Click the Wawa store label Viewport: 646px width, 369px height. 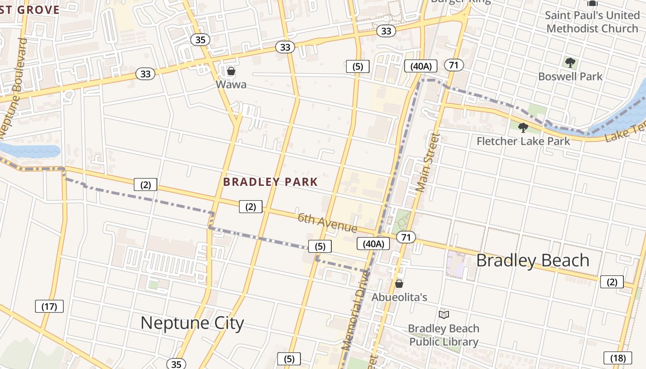click(x=231, y=85)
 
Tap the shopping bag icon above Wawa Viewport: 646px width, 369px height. click(x=231, y=71)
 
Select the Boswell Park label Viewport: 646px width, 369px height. click(x=570, y=76)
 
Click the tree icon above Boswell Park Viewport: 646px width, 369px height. click(x=570, y=62)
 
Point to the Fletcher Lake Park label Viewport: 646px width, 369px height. click(x=523, y=141)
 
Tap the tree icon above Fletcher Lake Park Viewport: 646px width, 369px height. click(x=523, y=127)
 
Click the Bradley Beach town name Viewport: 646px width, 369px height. click(x=532, y=261)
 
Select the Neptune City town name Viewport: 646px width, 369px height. click(x=192, y=323)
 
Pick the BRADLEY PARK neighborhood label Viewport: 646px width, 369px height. click(x=270, y=182)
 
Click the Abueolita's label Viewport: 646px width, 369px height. click(x=399, y=298)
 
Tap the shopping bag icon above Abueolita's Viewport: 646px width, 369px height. click(x=399, y=284)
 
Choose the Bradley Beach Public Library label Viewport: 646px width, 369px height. click(x=443, y=335)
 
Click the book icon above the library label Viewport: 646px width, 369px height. click(x=444, y=315)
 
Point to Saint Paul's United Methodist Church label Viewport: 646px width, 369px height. click(x=592, y=22)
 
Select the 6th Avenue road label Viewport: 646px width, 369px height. click(x=327, y=223)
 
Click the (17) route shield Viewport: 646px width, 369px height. click(x=49, y=306)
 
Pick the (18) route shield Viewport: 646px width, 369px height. click(x=617, y=357)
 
